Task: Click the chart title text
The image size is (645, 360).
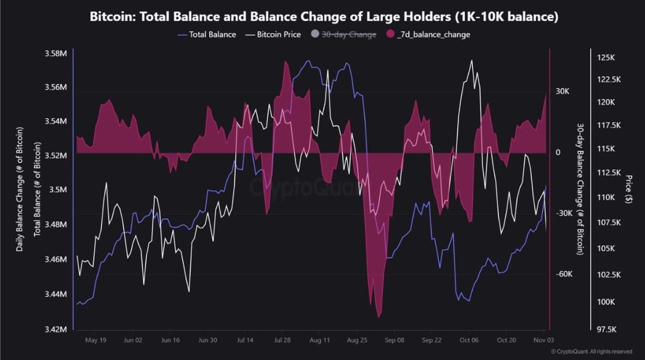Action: coord(324,17)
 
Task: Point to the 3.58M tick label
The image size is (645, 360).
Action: coord(56,54)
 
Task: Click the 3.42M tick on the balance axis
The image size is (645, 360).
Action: coord(56,329)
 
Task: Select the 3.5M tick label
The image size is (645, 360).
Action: coord(58,190)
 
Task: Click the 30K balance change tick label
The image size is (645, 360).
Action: coord(563,91)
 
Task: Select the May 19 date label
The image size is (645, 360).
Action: coord(96,340)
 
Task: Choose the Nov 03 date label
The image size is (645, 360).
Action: coord(542,340)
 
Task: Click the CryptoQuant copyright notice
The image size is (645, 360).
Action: coord(592,352)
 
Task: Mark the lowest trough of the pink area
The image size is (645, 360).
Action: coord(379,317)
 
